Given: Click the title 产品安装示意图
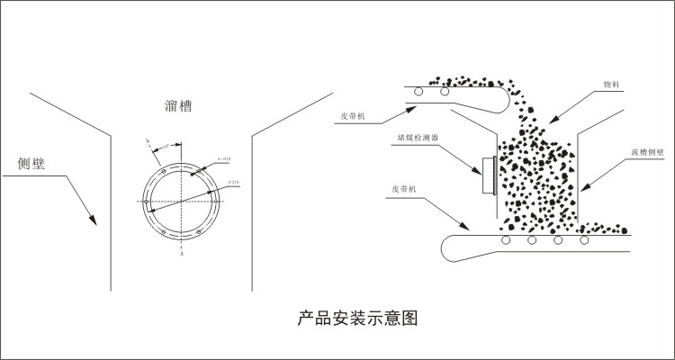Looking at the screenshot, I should tap(357, 318).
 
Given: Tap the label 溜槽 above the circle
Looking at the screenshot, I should tap(178, 106).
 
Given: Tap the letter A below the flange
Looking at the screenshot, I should tap(182, 255).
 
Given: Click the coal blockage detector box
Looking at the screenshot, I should tap(490, 175).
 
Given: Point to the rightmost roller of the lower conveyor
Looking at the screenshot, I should tap(586, 241).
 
